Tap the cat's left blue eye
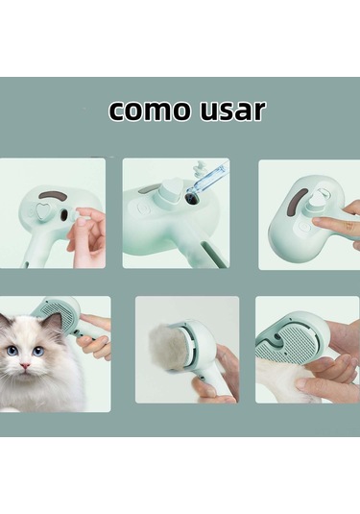[12, 352]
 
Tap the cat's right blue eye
[38, 351]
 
